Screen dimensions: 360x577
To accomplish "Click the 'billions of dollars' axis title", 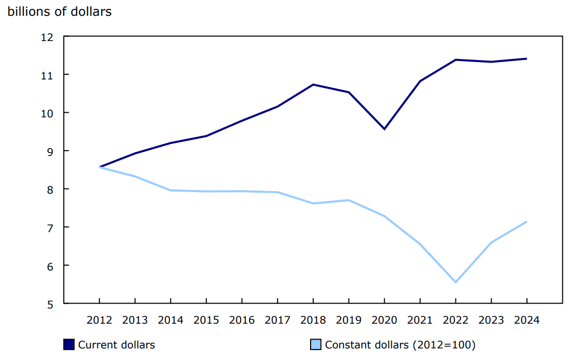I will click(x=59, y=12).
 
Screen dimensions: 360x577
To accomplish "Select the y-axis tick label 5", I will click(x=51, y=304).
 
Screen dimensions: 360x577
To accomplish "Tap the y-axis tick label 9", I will click(x=51, y=151).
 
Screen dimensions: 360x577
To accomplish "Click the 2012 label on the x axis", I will click(x=100, y=320).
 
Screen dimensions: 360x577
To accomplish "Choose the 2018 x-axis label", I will click(x=313, y=320).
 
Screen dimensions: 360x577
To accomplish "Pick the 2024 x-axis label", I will click(x=526, y=320).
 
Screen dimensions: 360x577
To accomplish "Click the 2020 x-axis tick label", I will click(x=384, y=320).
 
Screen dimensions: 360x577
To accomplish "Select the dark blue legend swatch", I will click(x=68, y=345).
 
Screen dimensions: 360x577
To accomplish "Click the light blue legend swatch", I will click(x=315, y=345).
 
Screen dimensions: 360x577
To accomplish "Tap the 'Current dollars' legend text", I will click(x=116, y=345).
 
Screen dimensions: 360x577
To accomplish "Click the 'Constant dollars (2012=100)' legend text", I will click(x=400, y=345).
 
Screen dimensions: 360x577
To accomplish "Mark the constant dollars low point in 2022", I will click(x=455, y=283).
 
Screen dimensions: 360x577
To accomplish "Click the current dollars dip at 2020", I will click(x=384, y=129).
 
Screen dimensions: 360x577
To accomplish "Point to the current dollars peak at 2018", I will click(x=313, y=84).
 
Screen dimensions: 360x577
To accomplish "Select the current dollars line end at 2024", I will click(x=526, y=58).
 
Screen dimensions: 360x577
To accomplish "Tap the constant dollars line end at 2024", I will click(x=526, y=222).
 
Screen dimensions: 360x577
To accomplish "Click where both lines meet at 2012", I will click(x=100, y=167).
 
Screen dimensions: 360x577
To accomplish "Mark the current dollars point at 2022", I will click(x=455, y=59).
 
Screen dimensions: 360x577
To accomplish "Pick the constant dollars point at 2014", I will click(x=171, y=190).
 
